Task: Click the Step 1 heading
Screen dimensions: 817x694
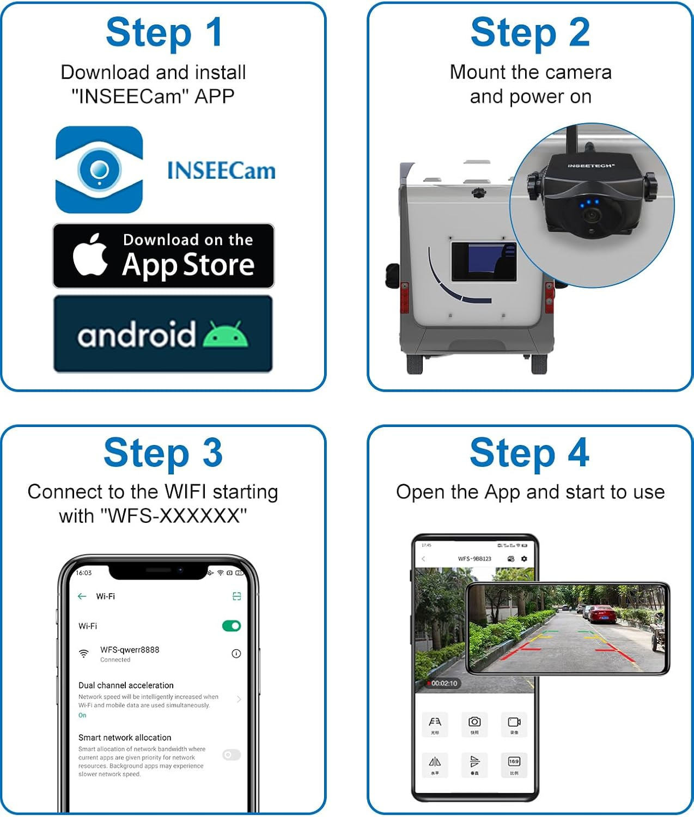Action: (x=163, y=33)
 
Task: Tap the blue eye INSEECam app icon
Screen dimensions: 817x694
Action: (x=99, y=170)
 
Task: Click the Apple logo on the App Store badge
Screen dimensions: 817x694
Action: (x=90, y=255)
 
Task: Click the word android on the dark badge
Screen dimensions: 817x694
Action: (x=136, y=334)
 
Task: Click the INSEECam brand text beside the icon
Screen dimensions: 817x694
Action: (x=221, y=170)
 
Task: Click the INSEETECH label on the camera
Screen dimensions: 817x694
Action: (x=590, y=166)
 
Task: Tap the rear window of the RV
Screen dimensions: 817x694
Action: (x=484, y=261)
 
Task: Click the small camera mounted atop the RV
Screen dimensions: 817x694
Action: (x=479, y=193)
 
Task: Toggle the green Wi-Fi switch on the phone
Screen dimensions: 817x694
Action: (x=232, y=626)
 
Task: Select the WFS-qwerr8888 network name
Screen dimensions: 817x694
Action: (x=130, y=650)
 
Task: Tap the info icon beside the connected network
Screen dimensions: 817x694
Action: (x=236, y=654)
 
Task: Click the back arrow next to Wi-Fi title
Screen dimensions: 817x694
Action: (x=82, y=596)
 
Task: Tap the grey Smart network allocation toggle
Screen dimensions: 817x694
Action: (x=232, y=754)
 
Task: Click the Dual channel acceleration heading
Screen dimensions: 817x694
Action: (x=126, y=685)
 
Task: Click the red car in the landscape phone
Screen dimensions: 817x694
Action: (x=602, y=614)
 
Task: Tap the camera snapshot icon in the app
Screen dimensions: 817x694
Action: (x=474, y=722)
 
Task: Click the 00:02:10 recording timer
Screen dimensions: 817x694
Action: (x=444, y=683)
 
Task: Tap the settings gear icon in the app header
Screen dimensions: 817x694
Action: (x=524, y=559)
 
